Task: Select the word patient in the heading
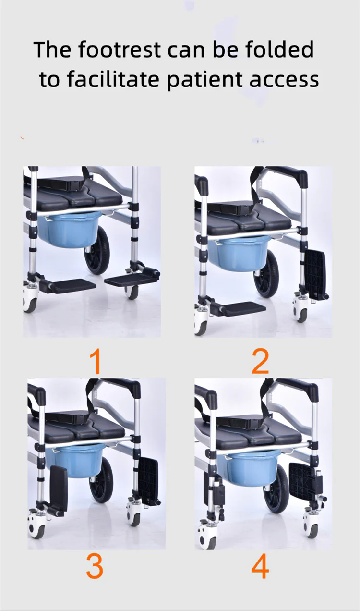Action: point(204,79)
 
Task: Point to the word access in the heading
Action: point(284,80)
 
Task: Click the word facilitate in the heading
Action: point(113,79)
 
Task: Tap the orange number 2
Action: point(261,361)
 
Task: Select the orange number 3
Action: point(95,566)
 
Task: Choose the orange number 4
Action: point(260,566)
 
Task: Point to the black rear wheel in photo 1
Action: point(97,250)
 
